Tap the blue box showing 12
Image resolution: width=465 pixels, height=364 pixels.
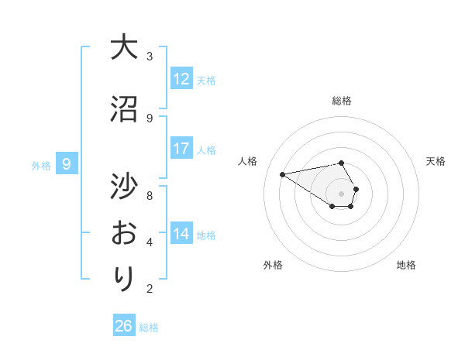(x=181, y=79)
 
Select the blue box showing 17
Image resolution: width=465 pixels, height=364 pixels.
(x=181, y=149)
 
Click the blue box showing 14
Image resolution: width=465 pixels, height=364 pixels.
(x=181, y=234)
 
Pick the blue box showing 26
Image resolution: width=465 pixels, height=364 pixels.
(x=124, y=326)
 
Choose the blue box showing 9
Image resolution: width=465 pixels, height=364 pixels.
(x=67, y=164)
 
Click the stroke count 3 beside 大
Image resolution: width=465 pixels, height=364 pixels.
(x=150, y=56)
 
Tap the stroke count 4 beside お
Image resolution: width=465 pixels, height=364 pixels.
(x=150, y=242)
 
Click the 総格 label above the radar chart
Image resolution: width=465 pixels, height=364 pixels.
(x=342, y=101)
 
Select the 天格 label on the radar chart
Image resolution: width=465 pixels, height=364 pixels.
(x=436, y=161)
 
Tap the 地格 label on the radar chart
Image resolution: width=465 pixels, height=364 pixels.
(x=406, y=265)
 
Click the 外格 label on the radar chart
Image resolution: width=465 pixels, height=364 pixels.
(x=273, y=265)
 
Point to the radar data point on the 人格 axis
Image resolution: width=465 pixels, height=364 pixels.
(x=282, y=173)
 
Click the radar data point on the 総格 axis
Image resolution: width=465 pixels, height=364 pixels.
(x=342, y=163)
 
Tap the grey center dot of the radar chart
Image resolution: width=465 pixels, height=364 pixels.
(x=342, y=193)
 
